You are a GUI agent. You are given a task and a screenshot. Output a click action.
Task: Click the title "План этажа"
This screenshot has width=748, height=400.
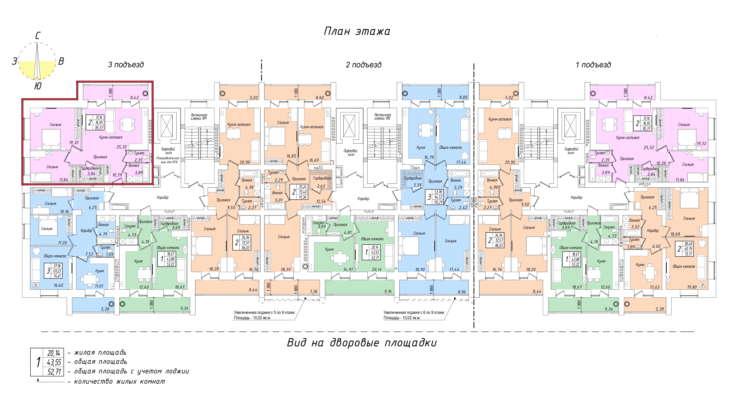coord(357,31)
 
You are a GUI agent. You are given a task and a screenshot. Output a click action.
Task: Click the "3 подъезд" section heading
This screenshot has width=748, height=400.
coord(126,65)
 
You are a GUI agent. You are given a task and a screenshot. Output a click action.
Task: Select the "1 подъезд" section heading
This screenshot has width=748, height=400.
coord(593,65)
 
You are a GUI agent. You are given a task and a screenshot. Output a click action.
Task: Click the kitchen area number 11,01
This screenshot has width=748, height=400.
coord(99,286)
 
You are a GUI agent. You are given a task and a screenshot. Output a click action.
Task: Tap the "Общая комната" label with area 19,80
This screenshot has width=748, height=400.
coord(684,266)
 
